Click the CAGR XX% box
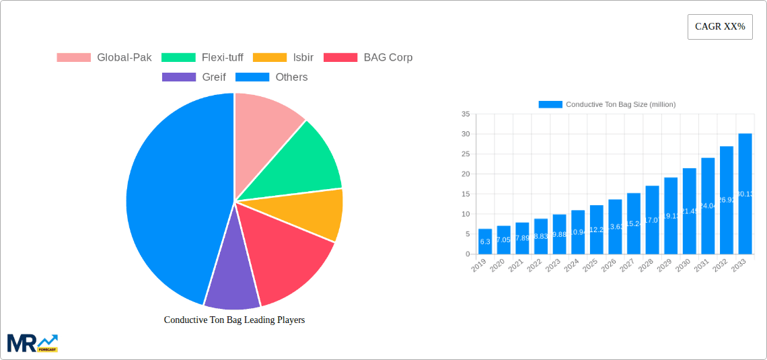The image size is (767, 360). point(719,27)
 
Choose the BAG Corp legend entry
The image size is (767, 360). point(368,57)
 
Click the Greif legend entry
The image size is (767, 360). point(194,77)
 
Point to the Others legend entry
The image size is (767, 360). point(272,77)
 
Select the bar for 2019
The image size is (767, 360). point(485,242)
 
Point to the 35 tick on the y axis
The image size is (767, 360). point(466,114)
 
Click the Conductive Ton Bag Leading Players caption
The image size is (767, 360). point(234,320)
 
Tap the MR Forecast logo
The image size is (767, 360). point(32,343)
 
